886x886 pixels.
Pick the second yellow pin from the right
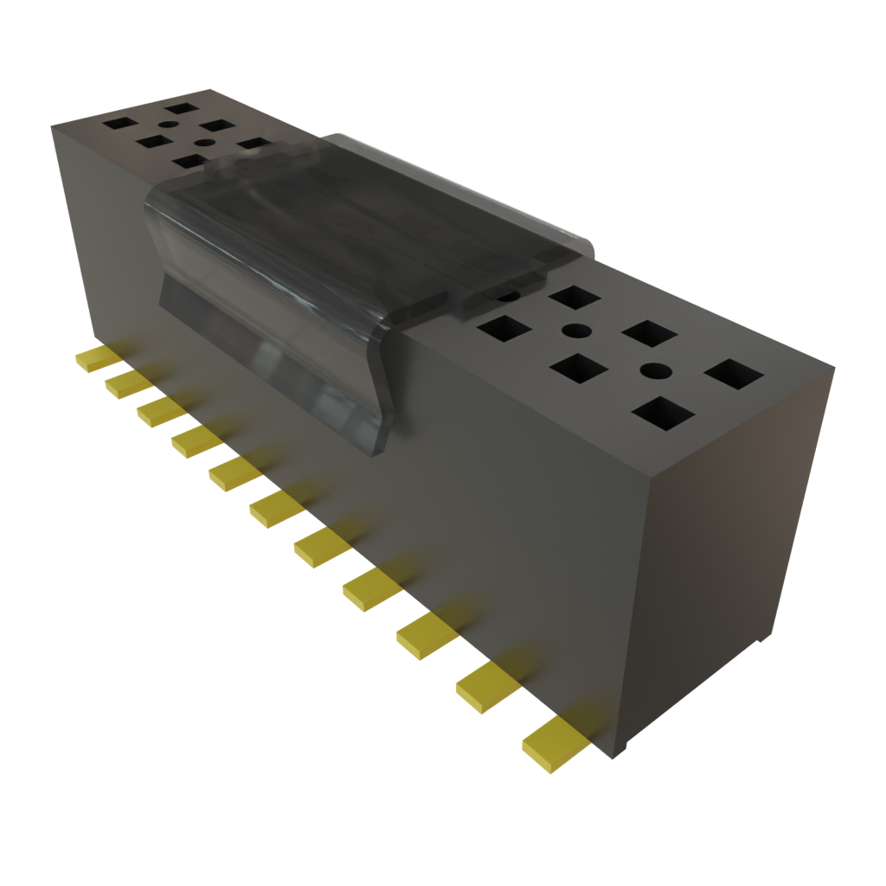point(485,687)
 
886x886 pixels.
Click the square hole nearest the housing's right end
point(734,375)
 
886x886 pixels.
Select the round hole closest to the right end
point(656,371)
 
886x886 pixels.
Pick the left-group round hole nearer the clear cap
point(206,143)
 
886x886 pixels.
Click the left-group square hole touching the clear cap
point(256,144)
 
